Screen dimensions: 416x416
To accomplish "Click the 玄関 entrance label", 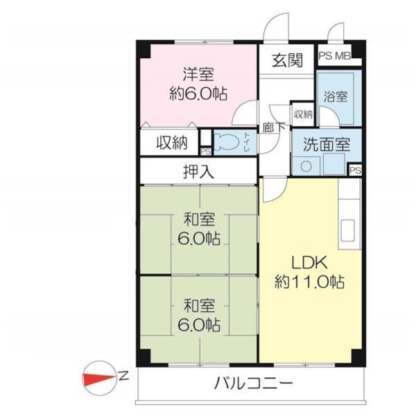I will (x=287, y=60).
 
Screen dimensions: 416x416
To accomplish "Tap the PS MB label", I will (x=334, y=56).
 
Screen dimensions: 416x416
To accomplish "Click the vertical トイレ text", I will (x=247, y=141).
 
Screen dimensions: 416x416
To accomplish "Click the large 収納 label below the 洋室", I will (x=171, y=143).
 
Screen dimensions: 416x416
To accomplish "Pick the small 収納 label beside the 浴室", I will (x=303, y=114).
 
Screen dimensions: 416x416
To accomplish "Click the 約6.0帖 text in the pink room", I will (x=199, y=92).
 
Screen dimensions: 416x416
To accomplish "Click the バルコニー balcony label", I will (x=253, y=383).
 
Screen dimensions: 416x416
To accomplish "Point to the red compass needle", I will (x=100, y=379).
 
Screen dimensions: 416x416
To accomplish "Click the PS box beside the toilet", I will (x=205, y=150).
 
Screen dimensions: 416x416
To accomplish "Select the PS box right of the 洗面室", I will (x=355, y=170).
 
